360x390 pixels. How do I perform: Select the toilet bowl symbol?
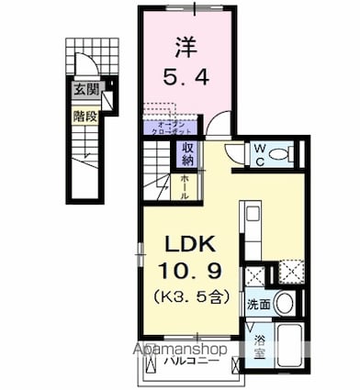coord(283,154)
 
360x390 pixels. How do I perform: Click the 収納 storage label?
coord(186,154)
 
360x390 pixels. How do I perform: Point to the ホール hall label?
coord(186,186)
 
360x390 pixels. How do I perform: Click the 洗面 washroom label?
coord(256,303)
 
